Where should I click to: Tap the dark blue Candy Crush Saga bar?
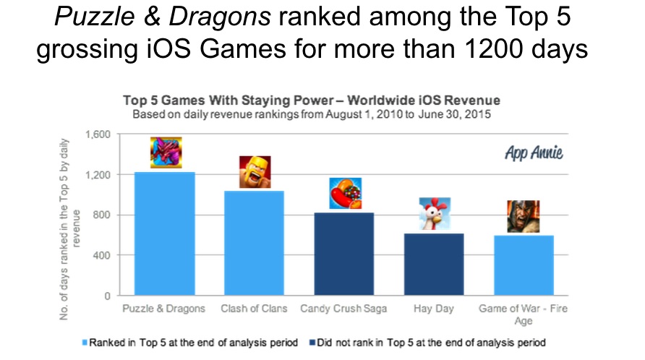pyautogui.click(x=344, y=254)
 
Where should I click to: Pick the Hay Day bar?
pyautogui.click(x=434, y=264)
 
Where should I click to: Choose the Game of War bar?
pyautogui.click(x=523, y=265)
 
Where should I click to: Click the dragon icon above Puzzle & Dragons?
pyautogui.click(x=166, y=153)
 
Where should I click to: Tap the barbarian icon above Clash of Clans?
pyautogui.click(x=255, y=172)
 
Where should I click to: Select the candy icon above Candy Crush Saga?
pyautogui.click(x=345, y=194)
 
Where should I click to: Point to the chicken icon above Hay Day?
pyautogui.click(x=435, y=214)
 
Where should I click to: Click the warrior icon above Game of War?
pyautogui.click(x=523, y=216)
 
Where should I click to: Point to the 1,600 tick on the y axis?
pyautogui.click(x=98, y=134)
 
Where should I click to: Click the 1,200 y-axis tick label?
pyautogui.click(x=98, y=175)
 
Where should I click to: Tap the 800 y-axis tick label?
pyautogui.click(x=103, y=215)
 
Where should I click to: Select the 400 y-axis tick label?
pyautogui.click(x=103, y=256)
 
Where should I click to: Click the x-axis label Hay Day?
pyautogui.click(x=435, y=309)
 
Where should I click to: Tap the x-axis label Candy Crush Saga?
pyautogui.click(x=344, y=309)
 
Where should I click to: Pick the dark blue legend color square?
pyautogui.click(x=313, y=342)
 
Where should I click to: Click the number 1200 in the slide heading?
pyautogui.click(x=504, y=50)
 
